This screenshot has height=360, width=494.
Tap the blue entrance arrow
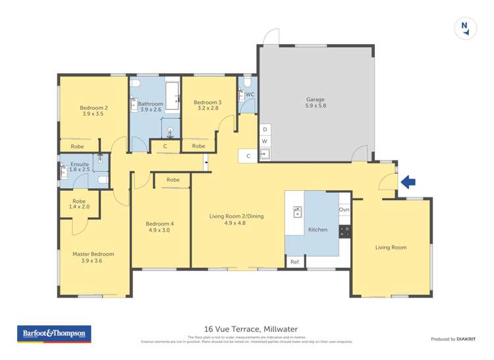408,182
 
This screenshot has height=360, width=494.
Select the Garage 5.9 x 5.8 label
316,102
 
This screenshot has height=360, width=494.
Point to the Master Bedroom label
93,257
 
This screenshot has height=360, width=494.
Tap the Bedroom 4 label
159,227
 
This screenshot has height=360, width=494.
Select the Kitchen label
317,230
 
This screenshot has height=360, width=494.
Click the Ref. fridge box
295,262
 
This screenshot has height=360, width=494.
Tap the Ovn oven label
344,210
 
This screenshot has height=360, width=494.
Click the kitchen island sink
297,212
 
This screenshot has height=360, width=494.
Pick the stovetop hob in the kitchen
344,230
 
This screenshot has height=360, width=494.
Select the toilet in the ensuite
101,180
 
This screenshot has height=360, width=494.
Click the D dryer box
265,130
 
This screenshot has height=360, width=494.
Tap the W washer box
265,141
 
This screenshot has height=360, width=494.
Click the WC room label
250,95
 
